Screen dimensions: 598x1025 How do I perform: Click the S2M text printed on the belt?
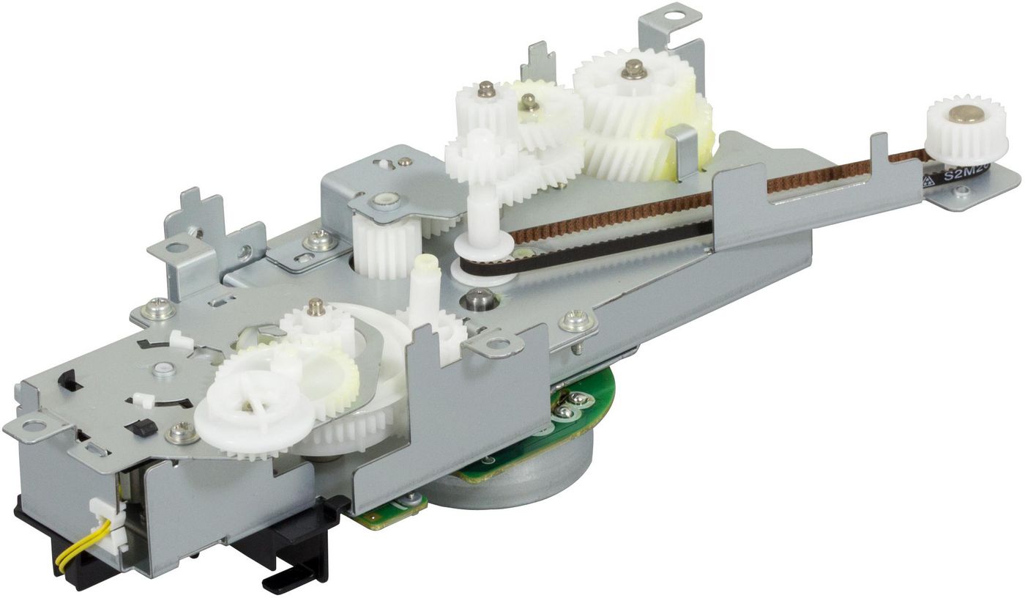click(x=965, y=174)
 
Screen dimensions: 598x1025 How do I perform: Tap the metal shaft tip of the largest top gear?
click(x=633, y=70)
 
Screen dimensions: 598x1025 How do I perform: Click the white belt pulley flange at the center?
click(x=480, y=268)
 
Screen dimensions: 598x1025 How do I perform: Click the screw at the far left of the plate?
click(x=158, y=309)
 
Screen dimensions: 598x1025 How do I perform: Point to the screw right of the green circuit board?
click(x=575, y=321)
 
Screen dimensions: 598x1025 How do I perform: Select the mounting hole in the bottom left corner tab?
click(x=34, y=424)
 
